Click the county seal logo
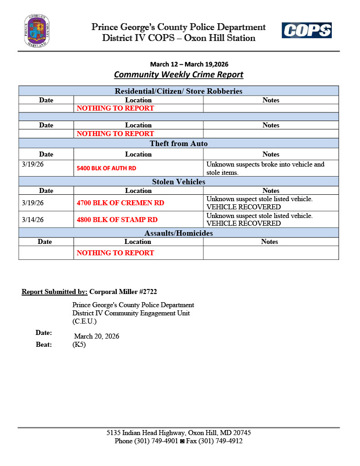click(x=37, y=31)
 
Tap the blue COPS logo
click(x=306, y=30)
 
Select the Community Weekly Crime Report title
click(x=178, y=75)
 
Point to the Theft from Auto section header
click(x=178, y=144)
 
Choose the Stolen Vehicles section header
click(x=178, y=182)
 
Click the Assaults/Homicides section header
click(x=178, y=233)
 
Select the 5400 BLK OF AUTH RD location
click(x=106, y=168)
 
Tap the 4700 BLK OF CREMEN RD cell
click(x=121, y=203)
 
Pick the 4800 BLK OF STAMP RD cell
click(x=117, y=219)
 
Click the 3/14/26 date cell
click(x=33, y=219)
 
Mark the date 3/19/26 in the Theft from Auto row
click(x=33, y=164)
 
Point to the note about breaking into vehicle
click(x=265, y=168)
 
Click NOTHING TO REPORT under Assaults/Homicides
click(x=115, y=253)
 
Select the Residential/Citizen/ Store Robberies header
click(x=178, y=91)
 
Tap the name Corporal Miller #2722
click(x=123, y=292)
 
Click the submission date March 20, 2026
click(x=96, y=336)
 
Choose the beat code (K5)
click(x=79, y=344)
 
